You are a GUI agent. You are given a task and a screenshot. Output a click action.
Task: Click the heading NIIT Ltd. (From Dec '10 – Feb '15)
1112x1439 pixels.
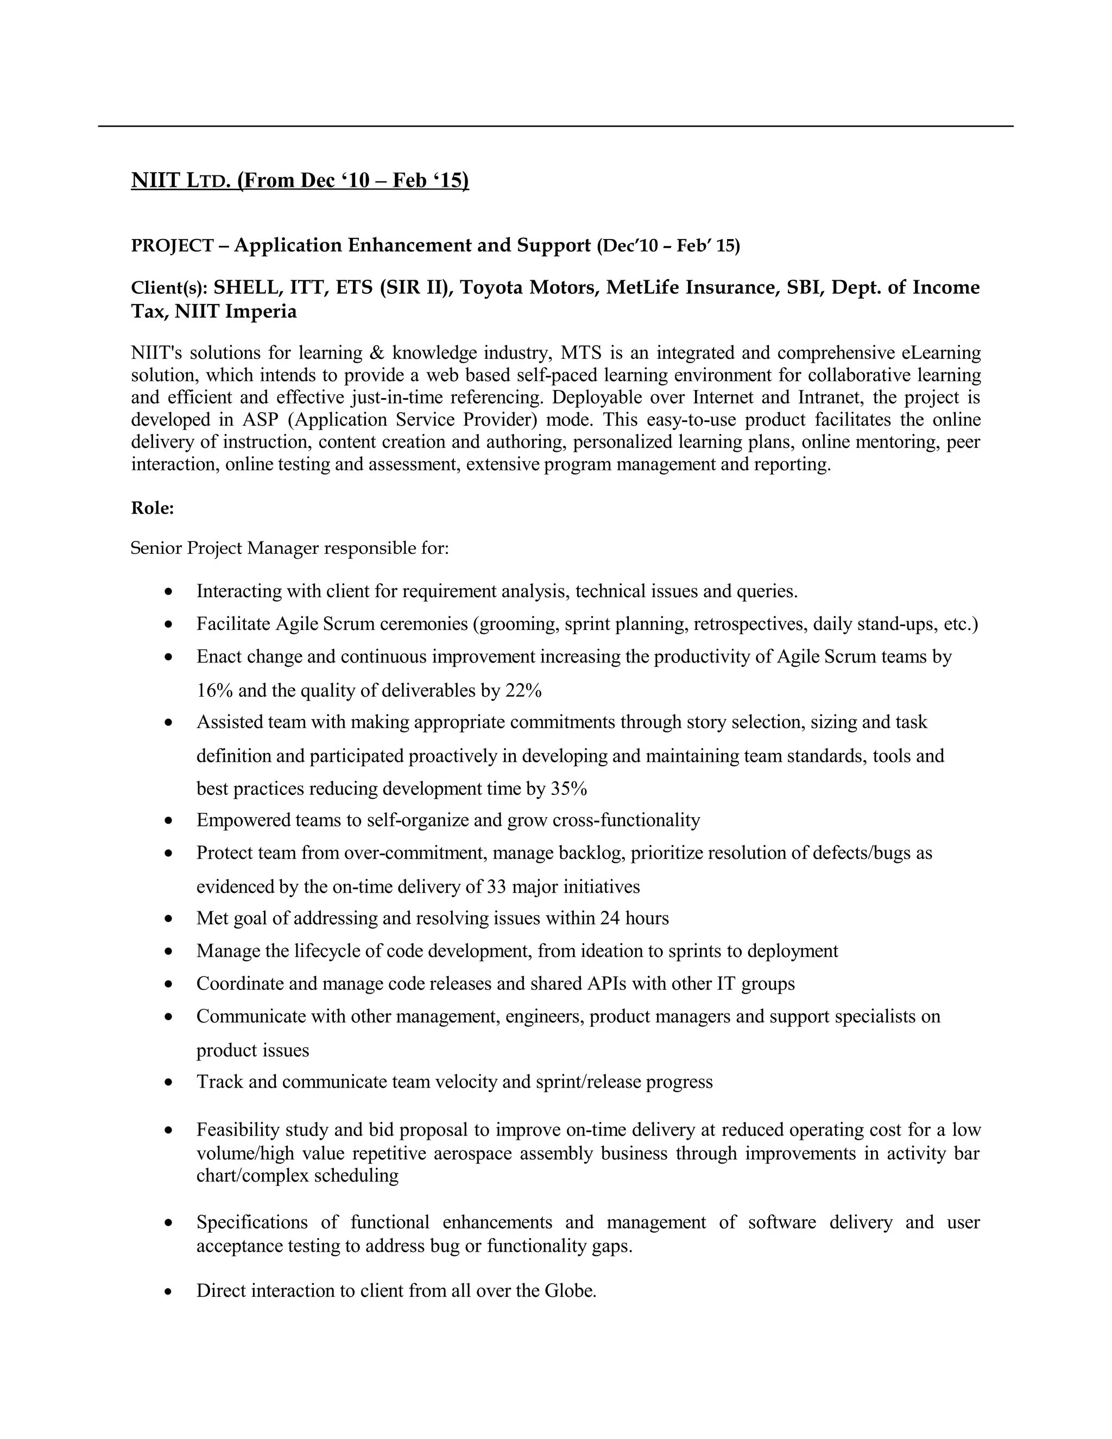[300, 180]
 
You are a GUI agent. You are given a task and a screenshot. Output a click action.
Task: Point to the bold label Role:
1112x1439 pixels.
[152, 508]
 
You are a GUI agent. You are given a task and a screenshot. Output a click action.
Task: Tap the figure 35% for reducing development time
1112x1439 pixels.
[568, 788]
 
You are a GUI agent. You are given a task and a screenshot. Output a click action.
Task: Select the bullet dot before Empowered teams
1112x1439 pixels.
[169, 821]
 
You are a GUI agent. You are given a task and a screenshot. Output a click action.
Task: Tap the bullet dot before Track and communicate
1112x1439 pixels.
[169, 1083]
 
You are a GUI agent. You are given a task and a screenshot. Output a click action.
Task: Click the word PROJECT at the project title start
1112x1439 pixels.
[172, 246]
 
